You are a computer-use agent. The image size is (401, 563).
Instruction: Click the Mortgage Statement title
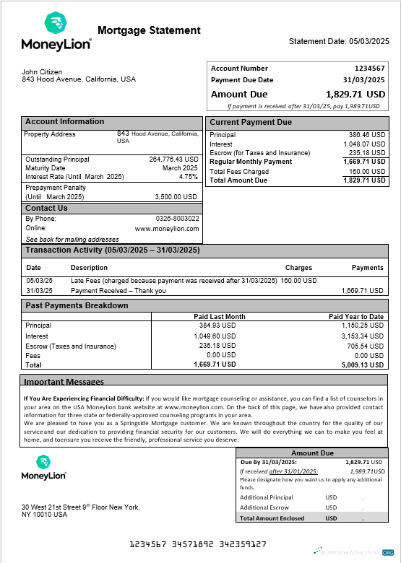tap(149, 30)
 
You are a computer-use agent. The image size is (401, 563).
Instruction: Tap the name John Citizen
tap(42, 72)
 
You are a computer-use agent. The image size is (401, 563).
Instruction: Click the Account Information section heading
tap(65, 122)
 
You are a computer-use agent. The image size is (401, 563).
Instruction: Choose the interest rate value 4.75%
tap(188, 176)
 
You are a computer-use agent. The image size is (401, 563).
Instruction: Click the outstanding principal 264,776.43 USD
tap(173, 160)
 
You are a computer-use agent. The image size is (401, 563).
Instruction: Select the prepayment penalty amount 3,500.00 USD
tap(176, 196)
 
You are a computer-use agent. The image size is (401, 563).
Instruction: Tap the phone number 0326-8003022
tap(178, 218)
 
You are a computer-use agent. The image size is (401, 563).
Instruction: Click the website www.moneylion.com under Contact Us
tap(167, 229)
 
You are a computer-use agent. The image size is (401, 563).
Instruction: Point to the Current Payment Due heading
tap(251, 123)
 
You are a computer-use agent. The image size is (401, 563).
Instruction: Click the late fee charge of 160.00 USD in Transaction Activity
tap(298, 280)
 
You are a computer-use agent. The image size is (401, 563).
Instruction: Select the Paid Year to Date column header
tap(355, 317)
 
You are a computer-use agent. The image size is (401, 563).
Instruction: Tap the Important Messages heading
tap(64, 382)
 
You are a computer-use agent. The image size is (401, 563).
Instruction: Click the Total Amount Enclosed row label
tap(272, 518)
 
